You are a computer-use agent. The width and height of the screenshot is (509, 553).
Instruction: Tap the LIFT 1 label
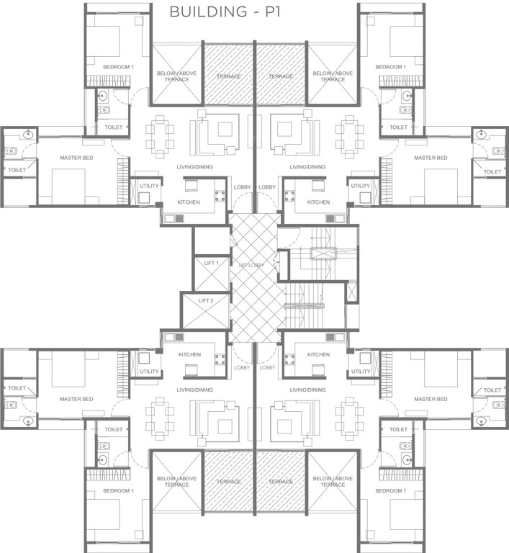pyautogui.click(x=211, y=264)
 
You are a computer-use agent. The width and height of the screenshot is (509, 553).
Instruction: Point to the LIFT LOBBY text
pyautogui.click(x=251, y=266)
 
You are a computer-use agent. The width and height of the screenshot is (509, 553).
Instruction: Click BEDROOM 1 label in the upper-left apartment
pyautogui.click(x=117, y=67)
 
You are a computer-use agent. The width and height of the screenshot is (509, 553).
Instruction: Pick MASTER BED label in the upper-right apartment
pyautogui.click(x=431, y=158)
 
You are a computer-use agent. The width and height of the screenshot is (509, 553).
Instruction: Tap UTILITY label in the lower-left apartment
pyautogui.click(x=149, y=372)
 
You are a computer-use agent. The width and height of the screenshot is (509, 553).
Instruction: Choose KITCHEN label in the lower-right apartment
pyautogui.click(x=317, y=354)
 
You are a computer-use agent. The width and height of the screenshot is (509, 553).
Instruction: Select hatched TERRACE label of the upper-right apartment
pyautogui.click(x=281, y=76)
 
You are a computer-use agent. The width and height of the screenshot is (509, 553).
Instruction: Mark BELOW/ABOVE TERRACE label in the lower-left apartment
pyautogui.click(x=176, y=481)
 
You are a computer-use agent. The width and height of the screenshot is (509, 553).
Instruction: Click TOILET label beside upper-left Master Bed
pyautogui.click(x=17, y=170)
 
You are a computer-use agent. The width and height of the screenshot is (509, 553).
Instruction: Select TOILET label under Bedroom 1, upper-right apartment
pyautogui.click(x=398, y=127)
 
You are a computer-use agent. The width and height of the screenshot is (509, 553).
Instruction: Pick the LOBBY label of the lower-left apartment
pyautogui.click(x=242, y=367)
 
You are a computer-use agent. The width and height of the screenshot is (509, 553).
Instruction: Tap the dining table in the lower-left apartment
pyautogui.click(x=159, y=415)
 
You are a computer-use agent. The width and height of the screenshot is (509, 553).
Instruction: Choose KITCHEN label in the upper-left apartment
pyautogui.click(x=189, y=202)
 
